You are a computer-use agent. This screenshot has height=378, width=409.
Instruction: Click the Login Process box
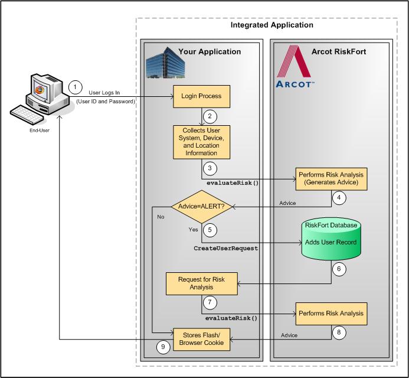point(202,95)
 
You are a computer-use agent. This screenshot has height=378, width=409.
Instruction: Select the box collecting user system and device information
point(202,142)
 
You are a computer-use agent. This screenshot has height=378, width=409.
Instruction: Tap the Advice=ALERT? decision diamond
point(202,207)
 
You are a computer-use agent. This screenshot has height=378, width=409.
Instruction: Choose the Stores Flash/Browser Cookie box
point(202,338)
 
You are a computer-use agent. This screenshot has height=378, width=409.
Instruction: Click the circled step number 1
point(76,86)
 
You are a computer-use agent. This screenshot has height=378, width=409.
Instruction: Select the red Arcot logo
point(297,67)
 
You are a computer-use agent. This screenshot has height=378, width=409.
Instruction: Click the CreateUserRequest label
point(225,249)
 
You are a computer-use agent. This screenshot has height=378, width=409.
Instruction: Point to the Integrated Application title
point(272,25)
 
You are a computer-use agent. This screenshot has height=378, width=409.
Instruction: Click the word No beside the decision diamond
point(161,217)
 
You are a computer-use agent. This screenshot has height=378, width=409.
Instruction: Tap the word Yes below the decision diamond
point(192,229)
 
